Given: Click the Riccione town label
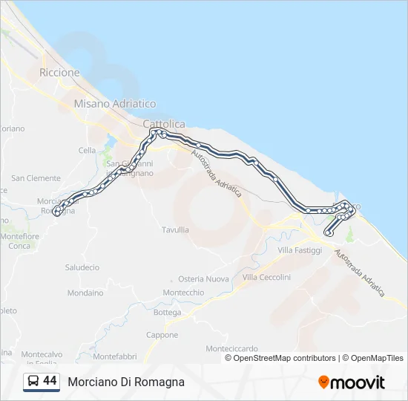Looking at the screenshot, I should [59, 73].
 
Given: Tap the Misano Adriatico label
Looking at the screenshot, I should [115, 104].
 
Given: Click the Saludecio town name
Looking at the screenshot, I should [82, 267].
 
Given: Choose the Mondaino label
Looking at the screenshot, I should [85, 293].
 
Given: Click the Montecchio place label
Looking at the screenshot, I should [183, 293].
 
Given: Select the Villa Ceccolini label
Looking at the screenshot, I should [266, 277].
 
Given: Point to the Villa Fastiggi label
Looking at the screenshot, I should [300, 251].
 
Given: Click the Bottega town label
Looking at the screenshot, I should [167, 313].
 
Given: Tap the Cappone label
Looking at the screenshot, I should [162, 335].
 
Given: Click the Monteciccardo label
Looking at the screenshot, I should [231, 348].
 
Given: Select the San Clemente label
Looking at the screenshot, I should [36, 178].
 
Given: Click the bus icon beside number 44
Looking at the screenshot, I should [33, 382].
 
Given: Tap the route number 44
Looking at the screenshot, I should [50, 381].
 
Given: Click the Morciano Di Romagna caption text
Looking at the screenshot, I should [126, 382].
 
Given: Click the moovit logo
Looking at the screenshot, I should [352, 382].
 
